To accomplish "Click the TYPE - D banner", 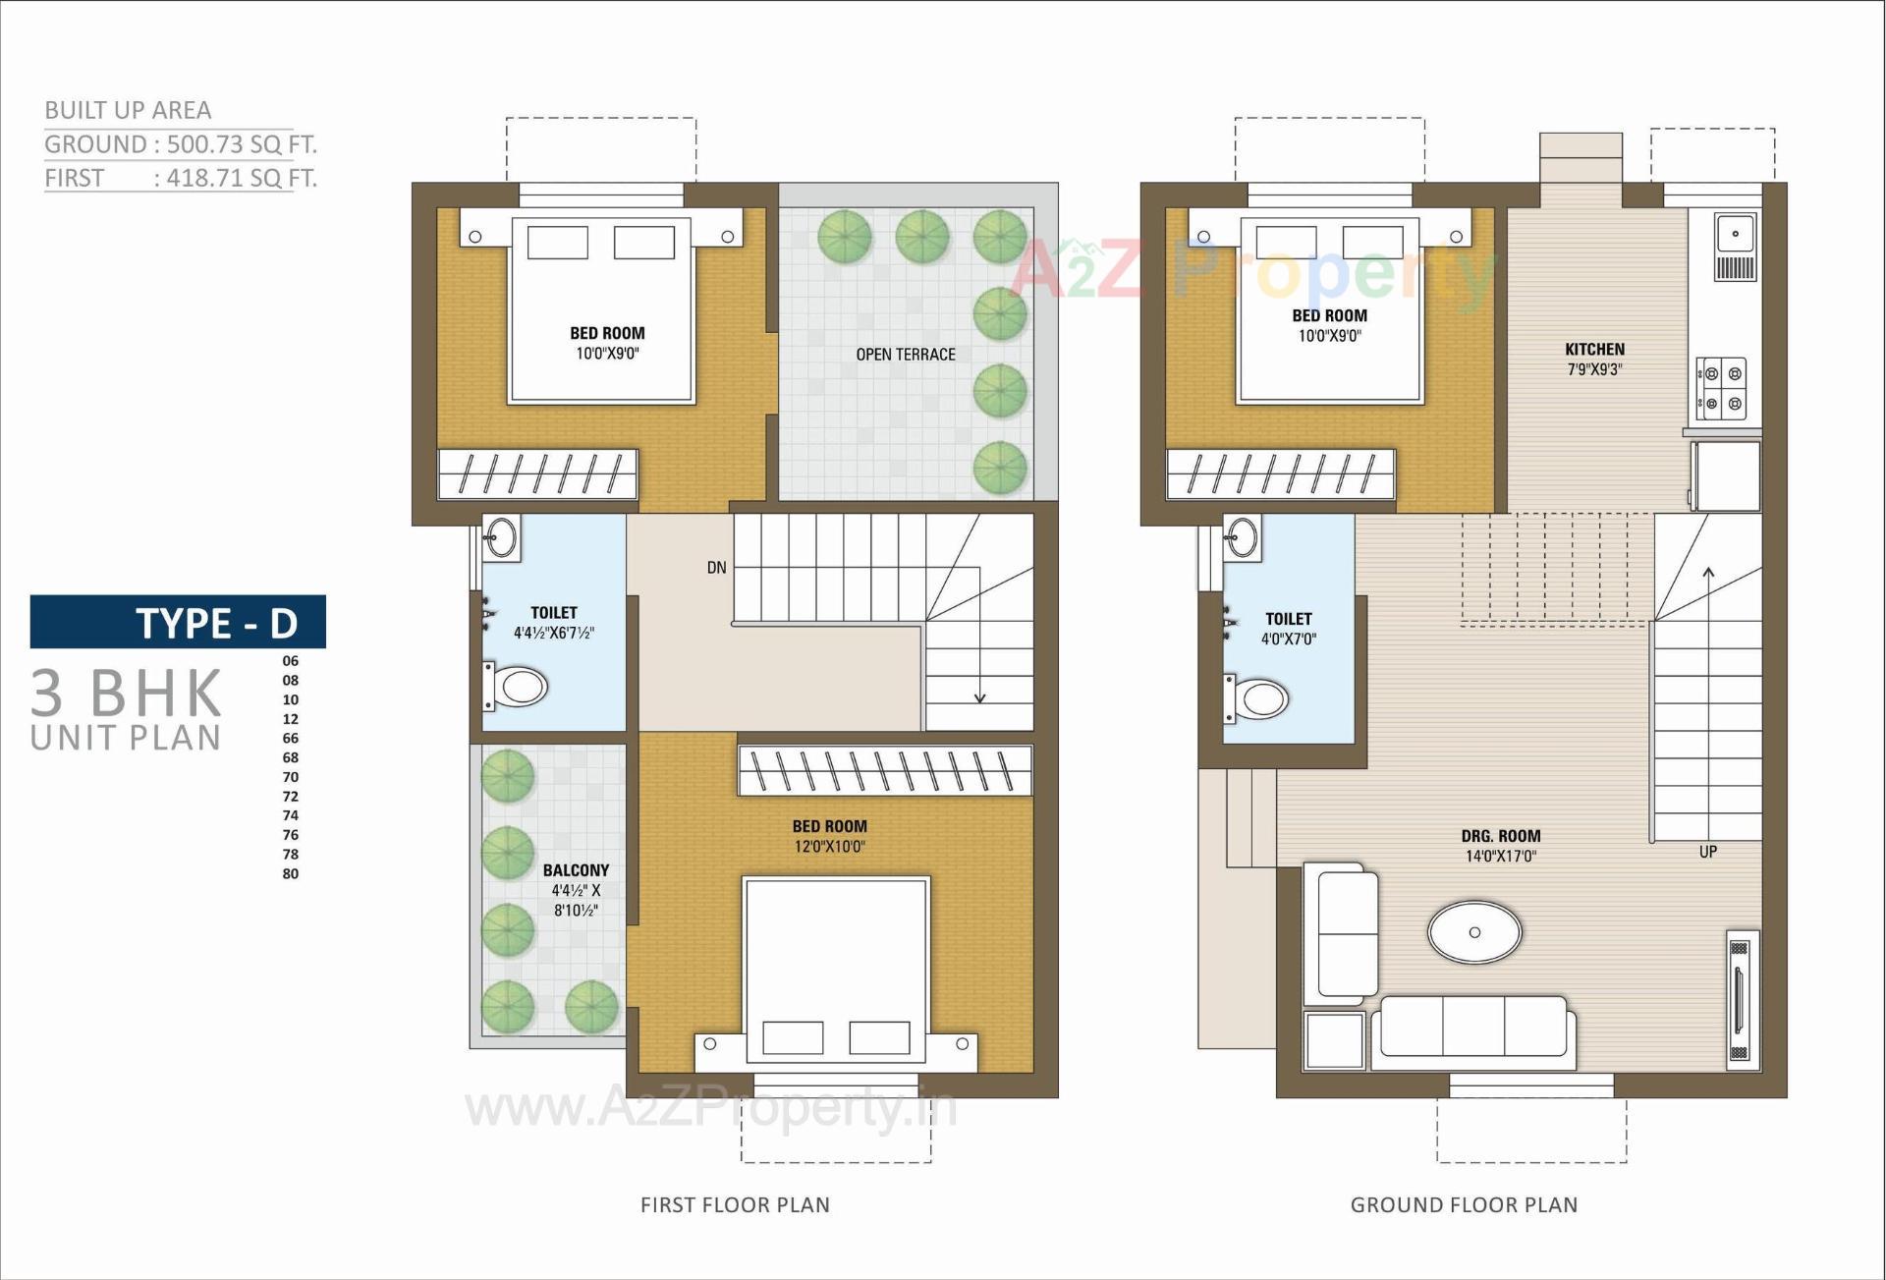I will click(178, 622).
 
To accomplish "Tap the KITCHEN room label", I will click(1594, 350).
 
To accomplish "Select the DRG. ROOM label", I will click(1500, 836).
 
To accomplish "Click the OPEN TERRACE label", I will click(905, 355).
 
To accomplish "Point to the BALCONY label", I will click(576, 870).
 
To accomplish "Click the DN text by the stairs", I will click(716, 568).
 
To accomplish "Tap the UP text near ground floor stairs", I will click(1707, 852).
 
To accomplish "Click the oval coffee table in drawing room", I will click(1473, 931).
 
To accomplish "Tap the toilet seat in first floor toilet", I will click(518, 687).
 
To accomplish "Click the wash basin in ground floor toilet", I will click(1243, 538).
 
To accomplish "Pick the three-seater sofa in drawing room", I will click(1472, 1028).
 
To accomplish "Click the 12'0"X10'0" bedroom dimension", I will click(829, 847).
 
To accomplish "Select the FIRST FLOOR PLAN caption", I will click(735, 1204).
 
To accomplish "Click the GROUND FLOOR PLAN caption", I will click(1464, 1204).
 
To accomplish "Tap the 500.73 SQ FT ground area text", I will click(241, 144).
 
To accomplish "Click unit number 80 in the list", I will click(291, 873).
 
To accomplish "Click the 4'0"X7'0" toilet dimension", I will click(1288, 640).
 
